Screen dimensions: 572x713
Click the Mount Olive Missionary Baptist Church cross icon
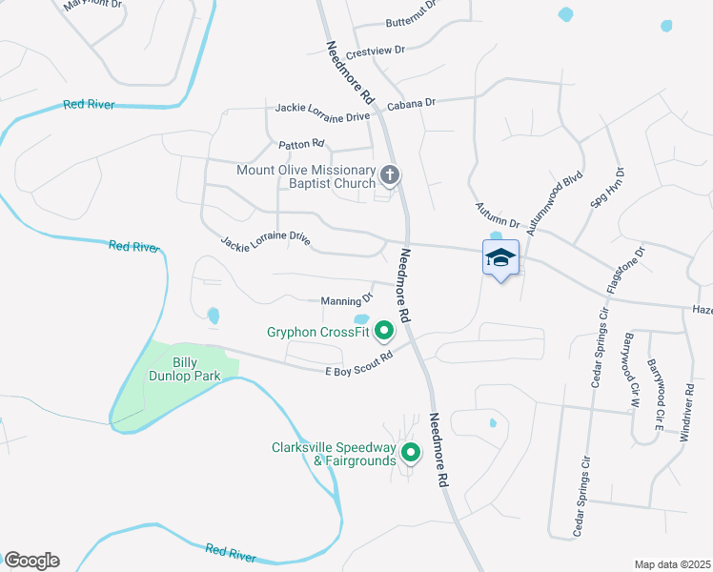tap(389, 174)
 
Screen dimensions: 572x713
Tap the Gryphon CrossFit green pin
tap(384, 331)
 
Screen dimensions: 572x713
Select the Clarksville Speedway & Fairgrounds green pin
tap(411, 453)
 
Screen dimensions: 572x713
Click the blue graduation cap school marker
tap(501, 258)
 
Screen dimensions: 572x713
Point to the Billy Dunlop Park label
tap(196, 369)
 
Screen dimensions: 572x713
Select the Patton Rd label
tap(302, 144)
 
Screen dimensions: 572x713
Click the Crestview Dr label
tap(377, 50)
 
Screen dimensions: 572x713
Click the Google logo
tap(31, 560)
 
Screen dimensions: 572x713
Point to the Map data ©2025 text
tap(672, 564)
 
